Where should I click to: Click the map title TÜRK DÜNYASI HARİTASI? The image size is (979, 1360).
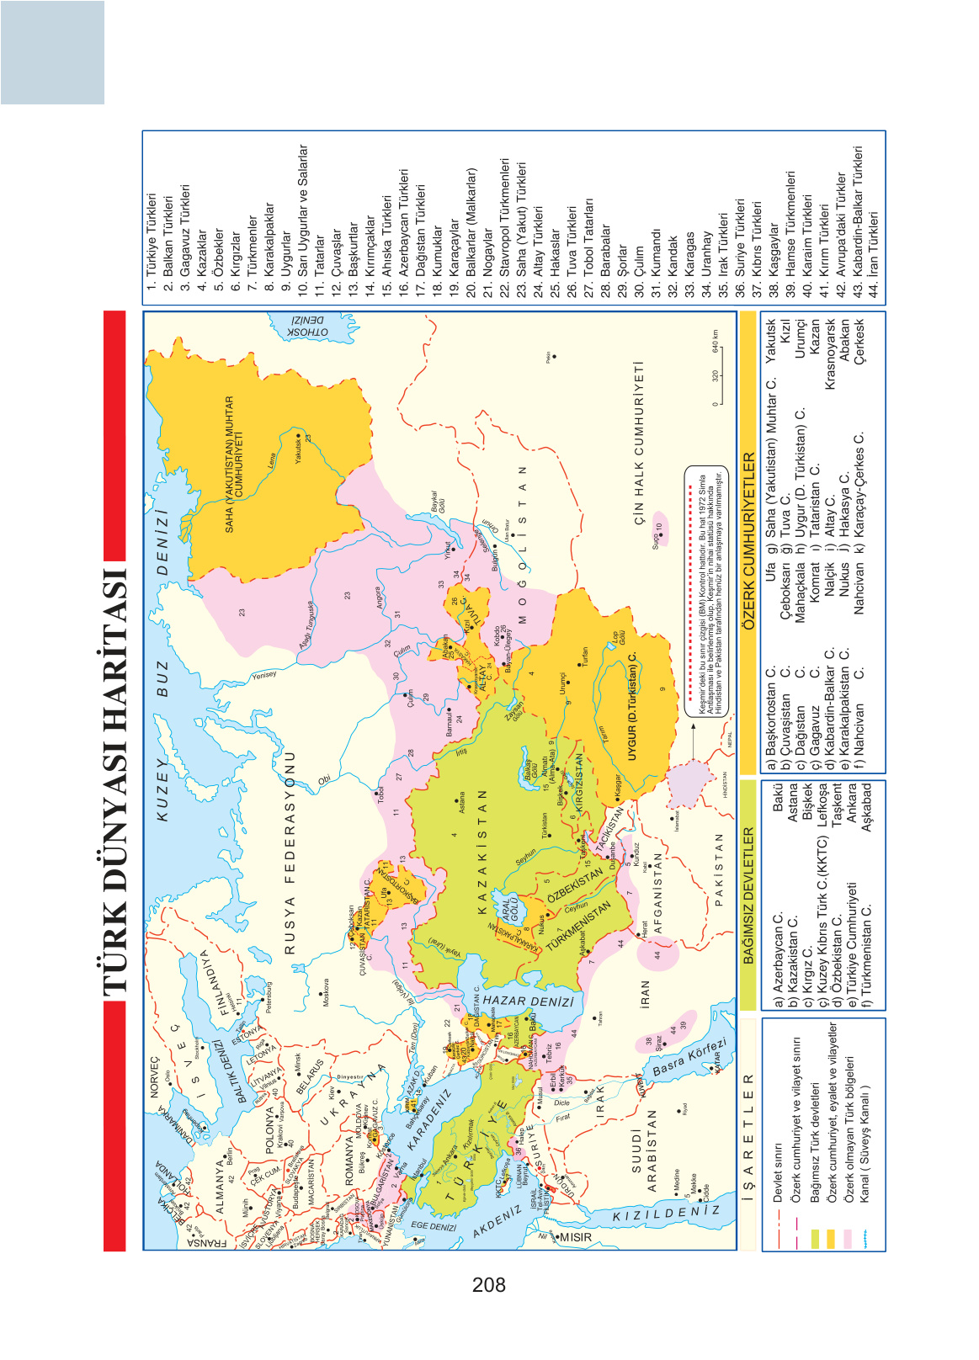click(115, 783)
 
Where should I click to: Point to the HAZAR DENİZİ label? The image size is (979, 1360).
click(529, 1001)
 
